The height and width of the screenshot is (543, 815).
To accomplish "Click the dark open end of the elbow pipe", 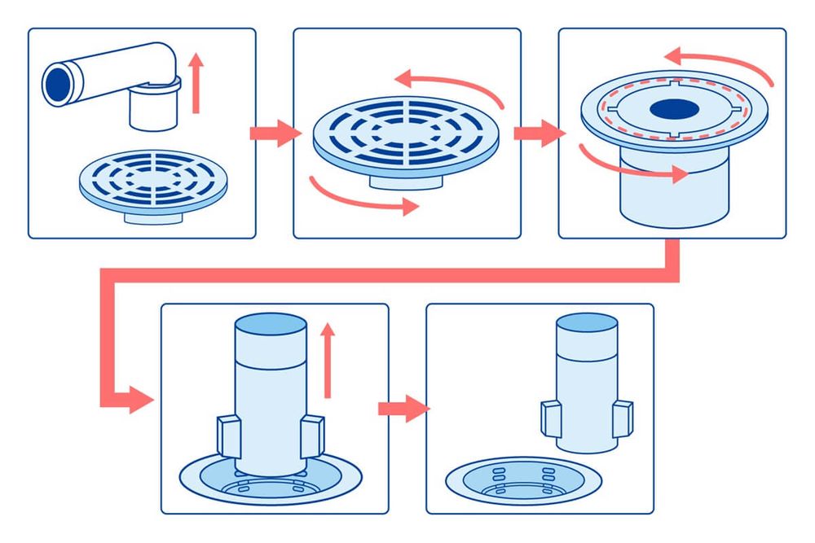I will coord(58,83).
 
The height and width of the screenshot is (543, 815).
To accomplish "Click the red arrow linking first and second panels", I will coord(273,133).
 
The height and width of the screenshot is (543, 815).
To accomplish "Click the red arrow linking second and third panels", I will coord(539,133).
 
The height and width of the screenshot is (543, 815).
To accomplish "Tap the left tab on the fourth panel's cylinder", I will coord(228,436).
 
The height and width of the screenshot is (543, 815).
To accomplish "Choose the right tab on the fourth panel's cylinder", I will coord(311,435).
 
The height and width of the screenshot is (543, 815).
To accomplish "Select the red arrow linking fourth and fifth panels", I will coord(403,407).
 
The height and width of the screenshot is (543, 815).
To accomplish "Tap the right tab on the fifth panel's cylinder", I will coord(623,416).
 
